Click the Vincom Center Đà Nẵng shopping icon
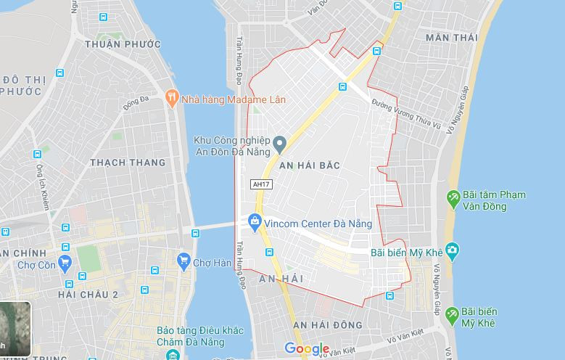[x=254, y=220]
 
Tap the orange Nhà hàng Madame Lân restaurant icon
[x=172, y=98]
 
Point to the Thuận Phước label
[x=122, y=44]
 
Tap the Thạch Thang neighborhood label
[x=127, y=163]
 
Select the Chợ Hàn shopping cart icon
[x=183, y=260]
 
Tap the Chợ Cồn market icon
[x=66, y=264]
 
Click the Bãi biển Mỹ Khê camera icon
[x=453, y=252]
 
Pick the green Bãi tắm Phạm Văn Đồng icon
[x=453, y=197]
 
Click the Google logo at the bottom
[x=307, y=349]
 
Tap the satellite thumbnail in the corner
[x=15, y=330]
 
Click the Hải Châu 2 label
[x=89, y=293]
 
